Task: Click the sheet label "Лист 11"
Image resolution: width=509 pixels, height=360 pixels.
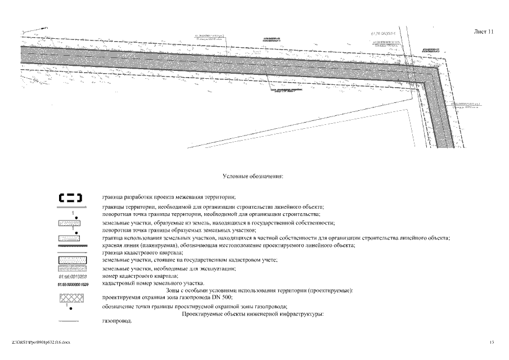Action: pos(483,32)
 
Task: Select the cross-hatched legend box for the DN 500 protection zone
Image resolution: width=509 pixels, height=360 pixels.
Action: pos(70,297)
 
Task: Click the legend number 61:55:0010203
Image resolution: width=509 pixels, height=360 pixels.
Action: pos(70,276)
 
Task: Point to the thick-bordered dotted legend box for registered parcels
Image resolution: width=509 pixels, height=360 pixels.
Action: pos(70,260)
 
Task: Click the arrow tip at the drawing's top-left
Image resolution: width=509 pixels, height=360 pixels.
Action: pos(46,27)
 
